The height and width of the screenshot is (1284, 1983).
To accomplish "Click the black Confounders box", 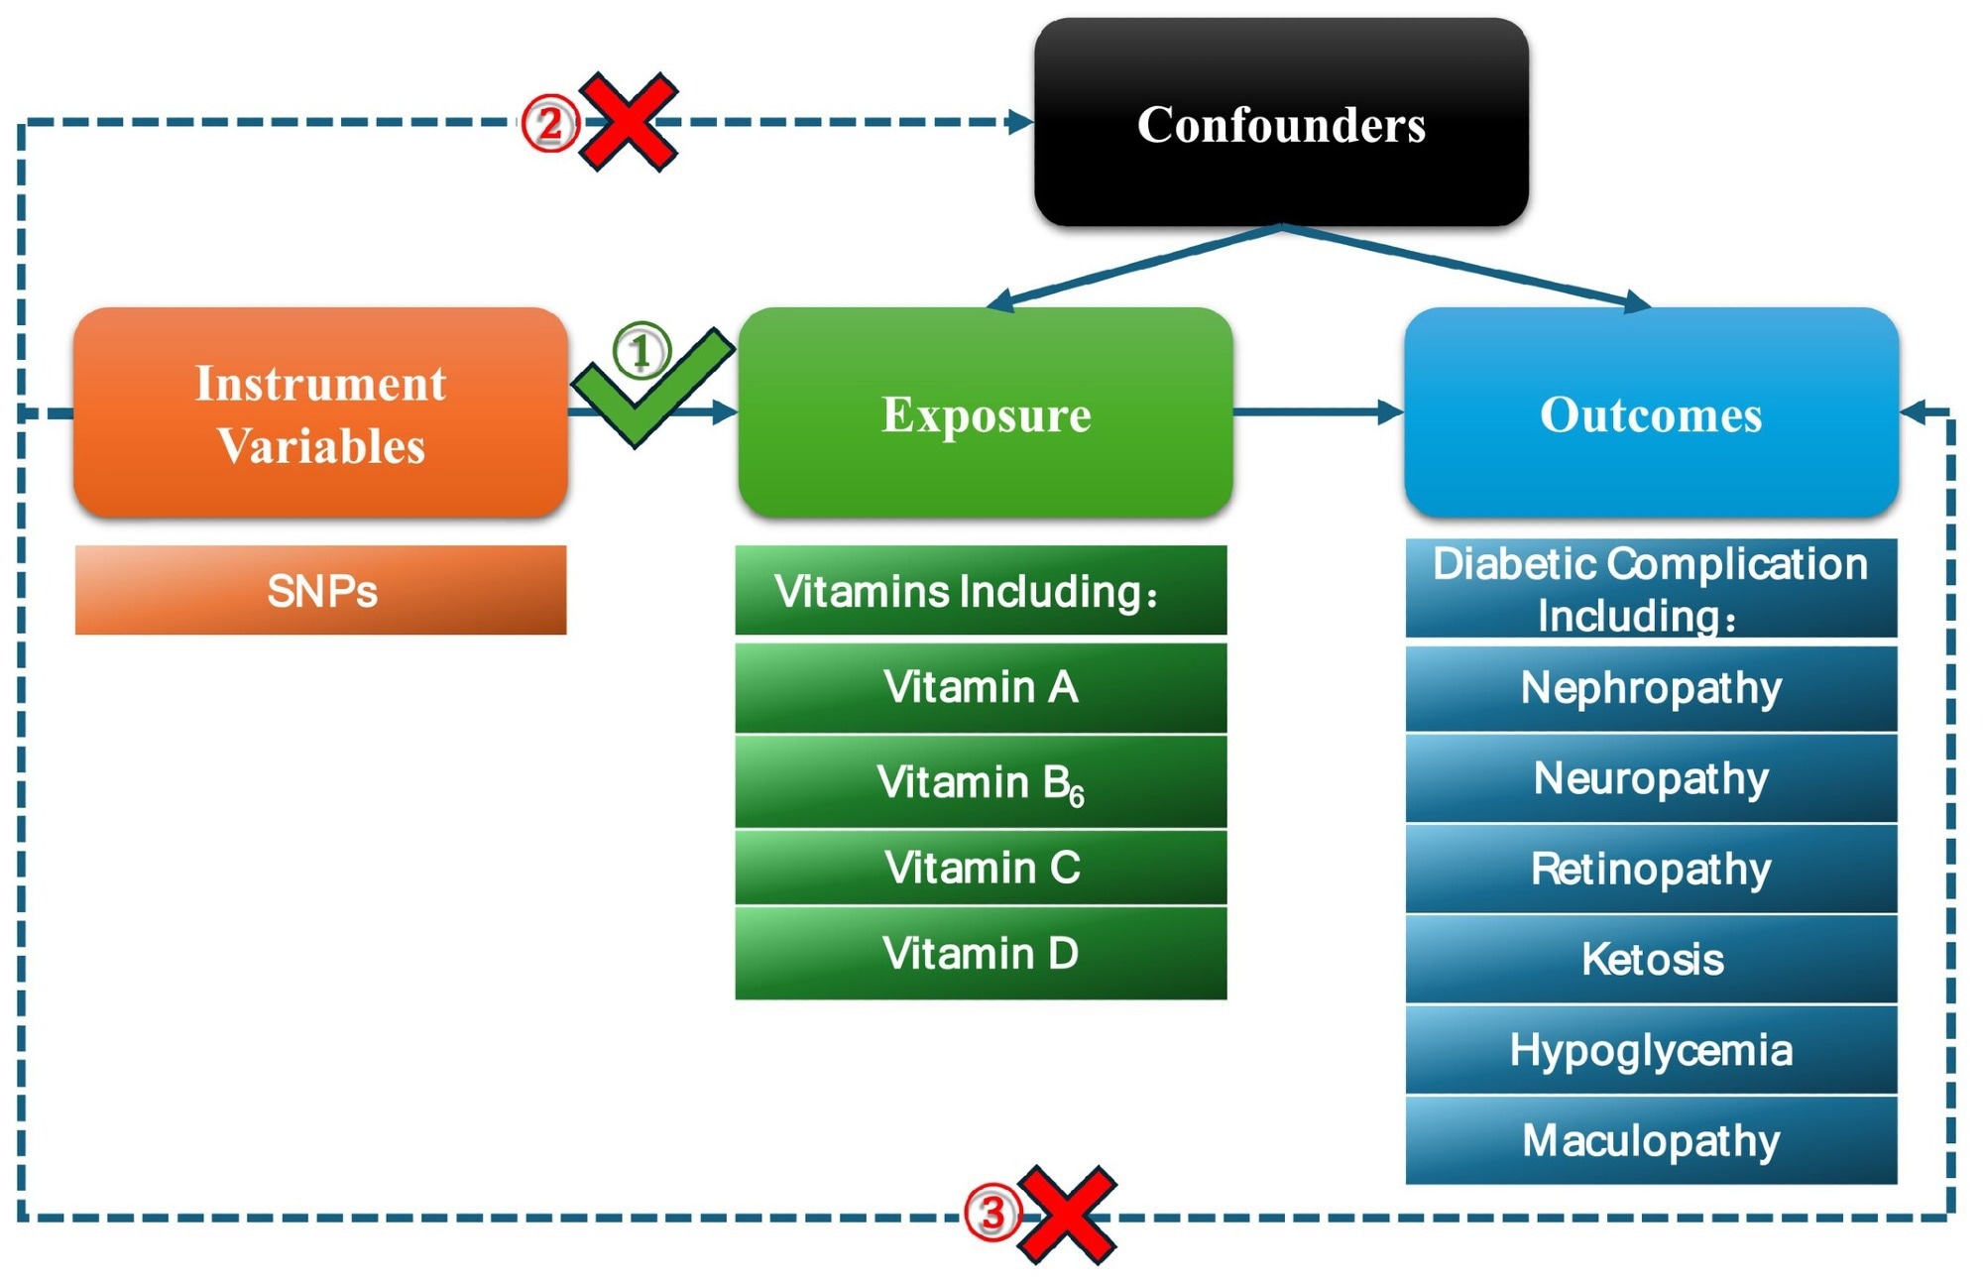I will tap(1281, 123).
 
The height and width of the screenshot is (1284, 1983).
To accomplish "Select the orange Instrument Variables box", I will tap(320, 412).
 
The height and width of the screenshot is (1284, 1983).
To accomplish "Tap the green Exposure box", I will tap(986, 412).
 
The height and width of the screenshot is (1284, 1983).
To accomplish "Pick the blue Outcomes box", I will tap(1651, 412).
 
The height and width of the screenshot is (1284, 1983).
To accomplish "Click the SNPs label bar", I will tap(320, 590).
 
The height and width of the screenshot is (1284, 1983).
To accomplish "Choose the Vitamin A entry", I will tap(981, 687).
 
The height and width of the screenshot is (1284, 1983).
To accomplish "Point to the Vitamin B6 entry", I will tap(981, 781).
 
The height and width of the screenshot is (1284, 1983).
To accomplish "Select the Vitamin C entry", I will tap(981, 868).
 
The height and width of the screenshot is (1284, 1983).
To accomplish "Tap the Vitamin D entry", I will tap(981, 953).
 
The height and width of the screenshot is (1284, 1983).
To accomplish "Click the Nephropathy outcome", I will tap(1651, 688).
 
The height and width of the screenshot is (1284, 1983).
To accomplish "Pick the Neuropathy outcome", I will tap(1651, 778).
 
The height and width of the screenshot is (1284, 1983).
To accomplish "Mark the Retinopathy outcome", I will tap(1651, 869).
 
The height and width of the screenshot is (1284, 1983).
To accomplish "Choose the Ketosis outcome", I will tap(1651, 959).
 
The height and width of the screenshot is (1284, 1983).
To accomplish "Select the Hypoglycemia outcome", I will tap(1651, 1050).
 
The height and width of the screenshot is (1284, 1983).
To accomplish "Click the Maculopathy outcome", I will tap(1651, 1140).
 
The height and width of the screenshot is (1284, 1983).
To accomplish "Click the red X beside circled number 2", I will tap(629, 122).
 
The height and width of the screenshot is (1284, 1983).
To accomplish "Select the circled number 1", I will tap(642, 350).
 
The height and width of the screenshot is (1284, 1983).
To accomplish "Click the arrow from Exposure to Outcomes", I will tap(1319, 411).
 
